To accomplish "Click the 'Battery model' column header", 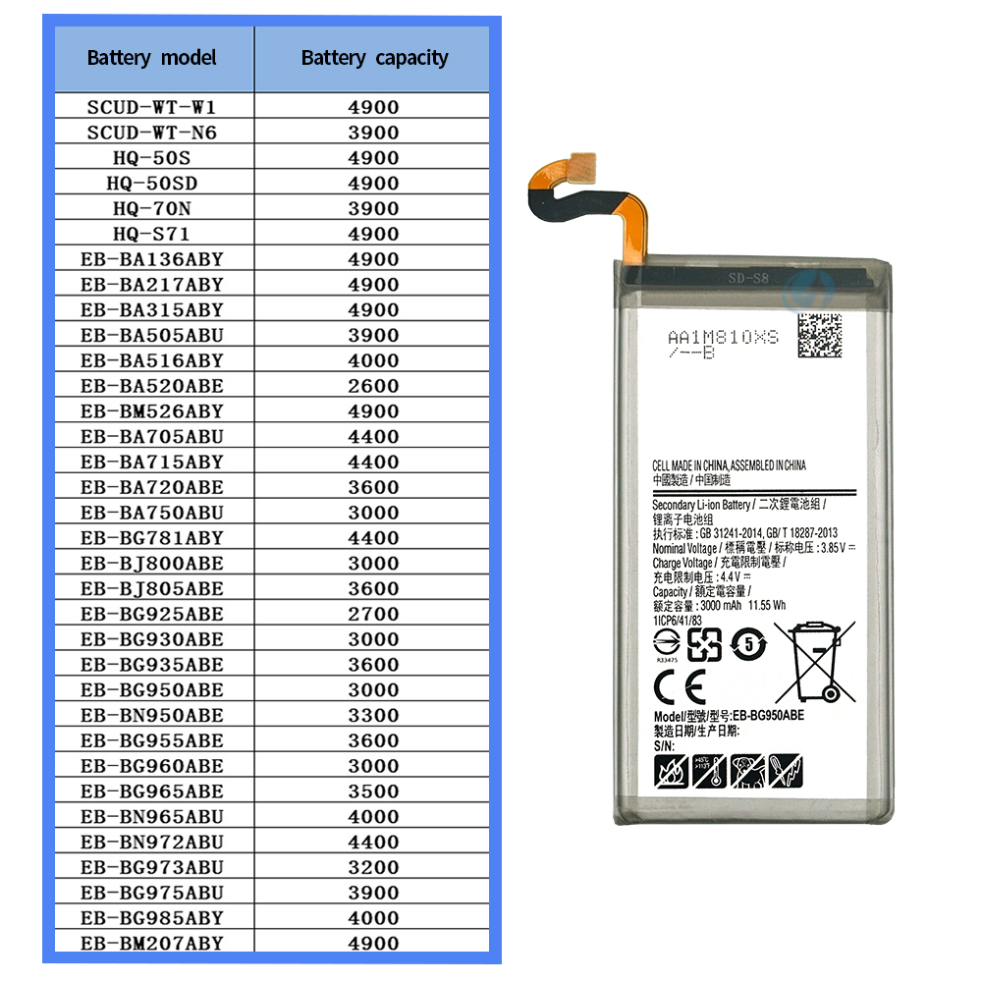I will click(151, 58).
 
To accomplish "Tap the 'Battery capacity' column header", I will click(374, 58).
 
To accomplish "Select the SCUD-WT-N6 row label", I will click(151, 133).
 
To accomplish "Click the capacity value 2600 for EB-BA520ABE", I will click(373, 386).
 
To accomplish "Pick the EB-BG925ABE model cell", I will click(152, 614).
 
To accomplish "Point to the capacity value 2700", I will click(373, 614).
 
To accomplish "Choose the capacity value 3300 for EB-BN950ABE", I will click(373, 715).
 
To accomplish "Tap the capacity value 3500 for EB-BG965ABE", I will click(373, 791).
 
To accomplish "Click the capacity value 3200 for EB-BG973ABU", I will click(373, 867).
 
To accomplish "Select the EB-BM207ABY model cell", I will click(152, 943).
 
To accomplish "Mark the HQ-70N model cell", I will click(151, 208).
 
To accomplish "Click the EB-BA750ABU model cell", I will click(152, 513).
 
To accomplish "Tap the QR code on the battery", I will click(819, 336).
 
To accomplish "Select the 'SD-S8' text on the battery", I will click(748, 278).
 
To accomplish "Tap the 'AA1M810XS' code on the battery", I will click(723, 337).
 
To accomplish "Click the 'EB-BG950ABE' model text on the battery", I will click(769, 716).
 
